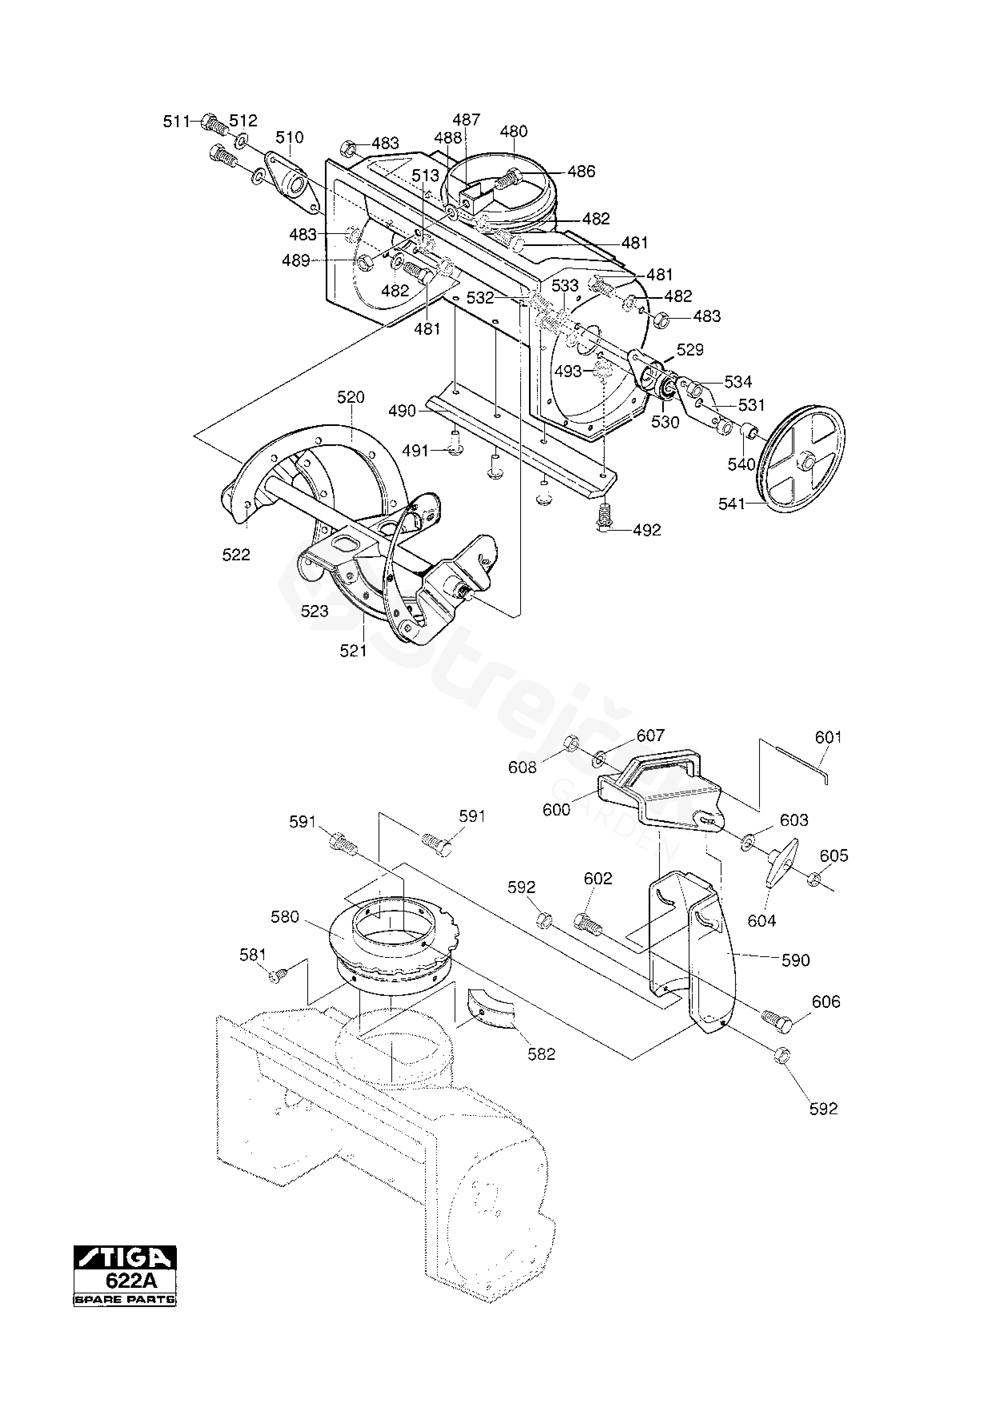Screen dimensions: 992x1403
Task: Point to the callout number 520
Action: coord(351,397)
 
